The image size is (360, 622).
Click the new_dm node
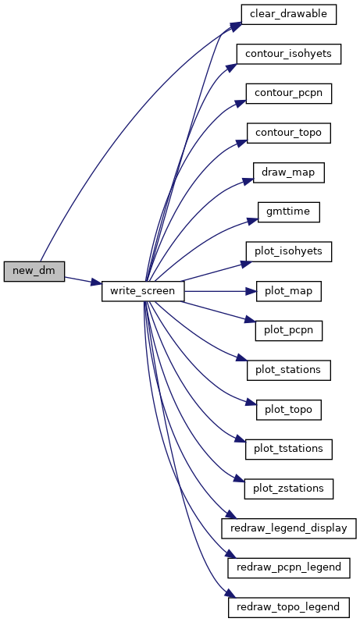[x=34, y=272]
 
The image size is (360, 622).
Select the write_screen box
[x=143, y=291]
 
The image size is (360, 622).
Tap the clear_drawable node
[x=289, y=14]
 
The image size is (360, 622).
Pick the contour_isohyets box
[x=289, y=54]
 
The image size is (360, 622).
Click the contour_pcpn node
[x=289, y=94]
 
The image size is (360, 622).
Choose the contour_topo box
[x=289, y=133]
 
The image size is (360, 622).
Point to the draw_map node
[x=289, y=172]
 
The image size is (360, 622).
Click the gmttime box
[x=289, y=211]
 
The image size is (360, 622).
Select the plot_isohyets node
[x=289, y=251]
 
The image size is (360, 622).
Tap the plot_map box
[x=289, y=291]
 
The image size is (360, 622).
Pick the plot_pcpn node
[x=289, y=330]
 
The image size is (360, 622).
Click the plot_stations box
[x=289, y=370]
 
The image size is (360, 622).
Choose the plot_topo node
[x=289, y=410]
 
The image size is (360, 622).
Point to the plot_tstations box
[x=289, y=449]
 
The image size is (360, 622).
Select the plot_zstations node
[x=289, y=489]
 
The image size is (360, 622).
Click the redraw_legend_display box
[x=289, y=528]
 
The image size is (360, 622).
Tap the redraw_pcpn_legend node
[x=289, y=567]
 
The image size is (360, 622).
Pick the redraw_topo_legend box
[x=289, y=607]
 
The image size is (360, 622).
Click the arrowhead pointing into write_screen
[x=97, y=283]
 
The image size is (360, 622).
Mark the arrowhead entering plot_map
[x=251, y=291]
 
